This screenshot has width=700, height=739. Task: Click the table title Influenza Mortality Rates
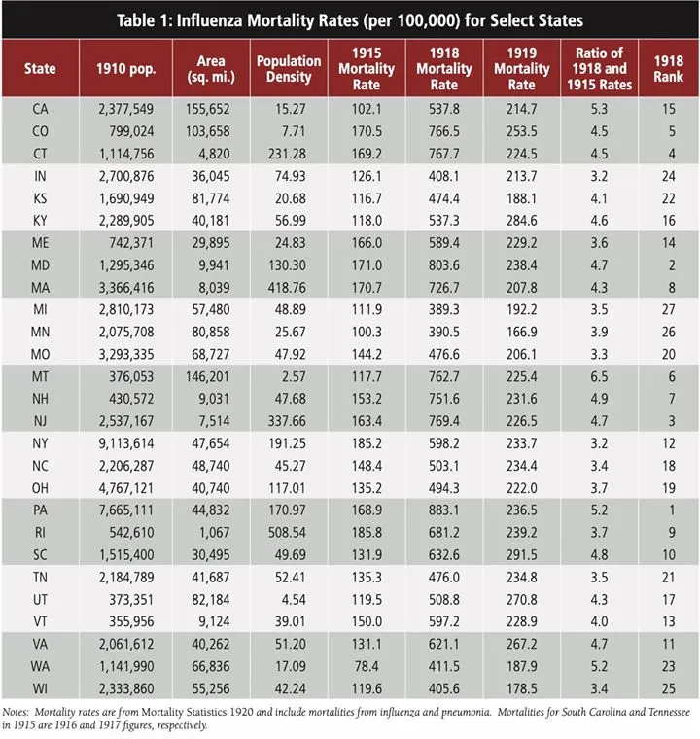[350, 18]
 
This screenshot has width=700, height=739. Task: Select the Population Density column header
[289, 68]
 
